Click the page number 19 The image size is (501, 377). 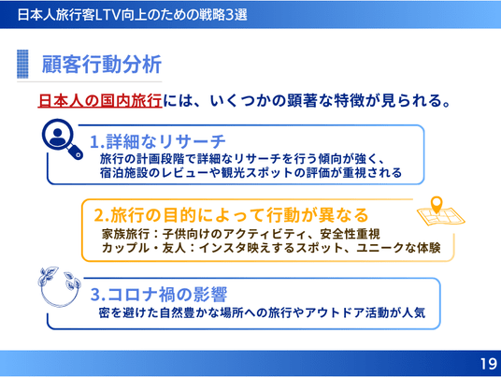coord(489,364)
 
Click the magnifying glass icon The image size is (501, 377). coord(63,138)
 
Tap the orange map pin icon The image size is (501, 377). coord(437,205)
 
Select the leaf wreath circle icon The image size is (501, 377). coord(59,287)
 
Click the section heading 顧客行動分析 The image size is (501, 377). coord(102,65)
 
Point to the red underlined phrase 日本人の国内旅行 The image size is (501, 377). coord(100,100)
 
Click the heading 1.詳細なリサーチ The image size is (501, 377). coord(158,141)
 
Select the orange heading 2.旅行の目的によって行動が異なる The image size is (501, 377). coord(231,214)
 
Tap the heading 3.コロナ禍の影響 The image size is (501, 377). coord(159,294)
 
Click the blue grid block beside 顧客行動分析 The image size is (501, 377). coord(22,64)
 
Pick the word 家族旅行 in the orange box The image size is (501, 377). coord(125,234)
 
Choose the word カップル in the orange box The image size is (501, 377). coord(125,248)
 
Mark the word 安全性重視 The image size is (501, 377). coord(350,234)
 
